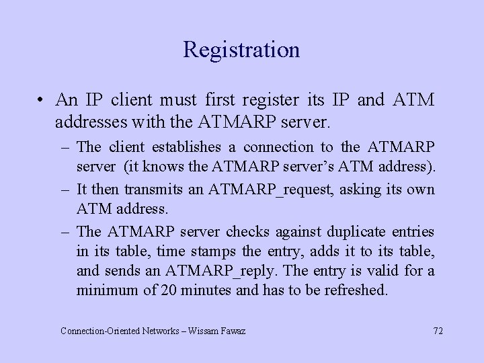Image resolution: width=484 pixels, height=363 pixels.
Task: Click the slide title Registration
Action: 241,50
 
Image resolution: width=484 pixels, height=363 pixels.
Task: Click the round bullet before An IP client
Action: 42,100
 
